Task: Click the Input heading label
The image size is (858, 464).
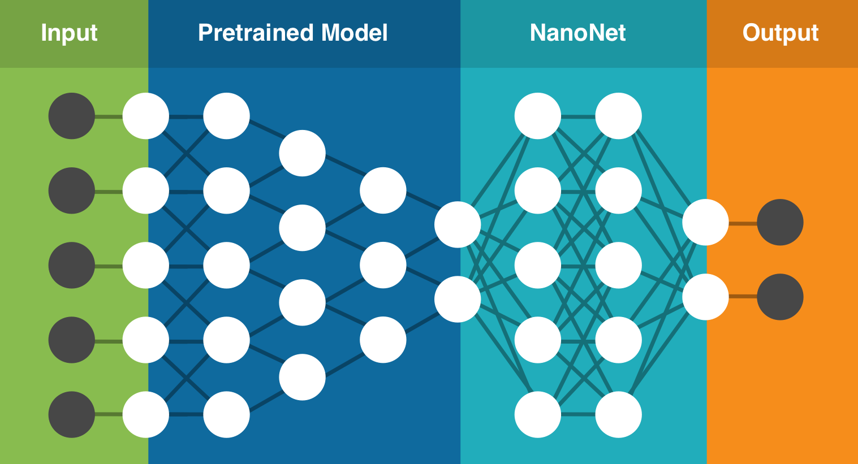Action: (x=69, y=33)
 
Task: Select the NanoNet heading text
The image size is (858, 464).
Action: (x=577, y=33)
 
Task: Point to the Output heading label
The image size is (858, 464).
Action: (x=781, y=33)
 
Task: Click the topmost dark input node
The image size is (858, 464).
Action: (x=71, y=116)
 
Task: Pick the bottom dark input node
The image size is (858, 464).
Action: (x=71, y=414)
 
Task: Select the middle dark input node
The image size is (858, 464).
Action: (x=71, y=265)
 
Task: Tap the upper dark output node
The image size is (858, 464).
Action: (x=780, y=222)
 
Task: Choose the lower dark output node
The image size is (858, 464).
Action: (x=780, y=297)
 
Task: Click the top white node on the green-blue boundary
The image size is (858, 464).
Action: (x=146, y=116)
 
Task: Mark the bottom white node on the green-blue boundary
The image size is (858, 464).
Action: (x=146, y=414)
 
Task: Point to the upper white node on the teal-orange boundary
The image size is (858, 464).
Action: (x=705, y=222)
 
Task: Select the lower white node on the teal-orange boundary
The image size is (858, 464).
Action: (x=705, y=297)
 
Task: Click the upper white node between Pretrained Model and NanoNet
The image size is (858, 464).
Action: (x=458, y=224)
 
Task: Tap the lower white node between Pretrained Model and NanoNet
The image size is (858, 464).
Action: (x=458, y=299)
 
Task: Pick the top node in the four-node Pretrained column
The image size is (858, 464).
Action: (x=302, y=153)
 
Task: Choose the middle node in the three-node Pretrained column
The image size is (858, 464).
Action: (x=383, y=265)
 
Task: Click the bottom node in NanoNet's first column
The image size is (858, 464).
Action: (x=537, y=414)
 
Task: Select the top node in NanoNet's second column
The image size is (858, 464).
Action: (x=618, y=116)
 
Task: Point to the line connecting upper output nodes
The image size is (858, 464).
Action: (x=743, y=223)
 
